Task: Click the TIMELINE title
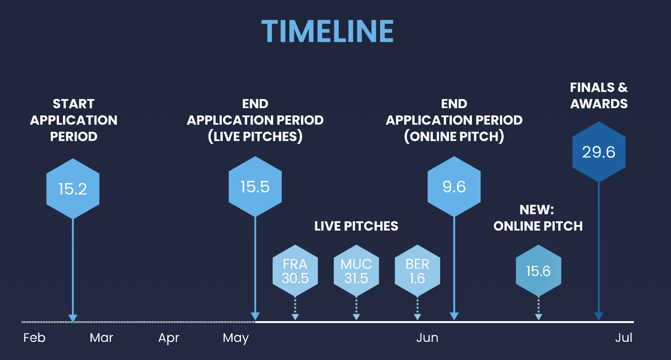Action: pyautogui.click(x=328, y=31)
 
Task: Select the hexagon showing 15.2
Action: pyautogui.click(x=73, y=189)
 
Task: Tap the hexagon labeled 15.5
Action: pyautogui.click(x=255, y=186)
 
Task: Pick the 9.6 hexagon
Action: pyautogui.click(x=454, y=186)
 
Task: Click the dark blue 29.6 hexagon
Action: pyautogui.click(x=599, y=152)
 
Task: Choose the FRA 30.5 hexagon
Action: pyautogui.click(x=295, y=271)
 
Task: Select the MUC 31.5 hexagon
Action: pyautogui.click(x=356, y=271)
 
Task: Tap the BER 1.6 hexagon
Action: pyautogui.click(x=417, y=271)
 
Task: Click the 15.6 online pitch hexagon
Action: pyautogui.click(x=538, y=271)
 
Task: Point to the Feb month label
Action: pyautogui.click(x=34, y=338)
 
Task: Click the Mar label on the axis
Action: pyautogui.click(x=101, y=338)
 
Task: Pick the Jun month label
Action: pyautogui.click(x=427, y=338)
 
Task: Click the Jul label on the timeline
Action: pyautogui.click(x=624, y=338)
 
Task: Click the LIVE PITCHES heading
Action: pyautogui.click(x=356, y=226)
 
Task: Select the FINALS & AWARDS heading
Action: pyautogui.click(x=599, y=96)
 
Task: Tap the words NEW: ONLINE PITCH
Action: pyautogui.click(x=538, y=218)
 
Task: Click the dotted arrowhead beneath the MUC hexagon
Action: pyautogui.click(x=356, y=317)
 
